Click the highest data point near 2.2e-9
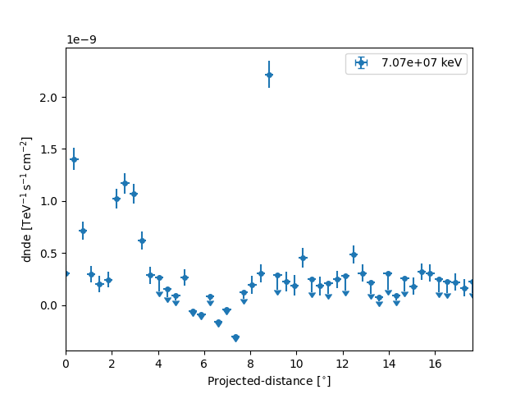pyautogui.click(x=269, y=75)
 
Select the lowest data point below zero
pyautogui.click(x=235, y=337)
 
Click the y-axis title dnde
pyautogui.click(x=27, y=199)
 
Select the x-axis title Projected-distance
pyautogui.click(x=269, y=381)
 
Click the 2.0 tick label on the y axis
pyautogui.click(x=48, y=97)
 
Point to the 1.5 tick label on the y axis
pyautogui.click(x=48, y=149)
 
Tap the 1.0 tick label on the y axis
pyautogui.click(x=48, y=201)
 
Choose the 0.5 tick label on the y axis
pyautogui.click(x=48, y=254)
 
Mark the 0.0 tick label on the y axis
pyautogui.click(x=48, y=305)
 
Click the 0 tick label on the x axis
pyautogui.click(x=66, y=363)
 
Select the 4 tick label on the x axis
pyautogui.click(x=158, y=363)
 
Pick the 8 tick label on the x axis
pyautogui.click(x=250, y=363)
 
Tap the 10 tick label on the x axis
pyautogui.click(x=296, y=363)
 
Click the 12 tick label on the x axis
pyautogui.click(x=342, y=363)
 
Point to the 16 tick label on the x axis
pyautogui.click(x=435, y=363)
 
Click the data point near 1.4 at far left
pyautogui.click(x=74, y=159)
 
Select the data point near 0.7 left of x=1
pyautogui.click(x=83, y=231)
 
